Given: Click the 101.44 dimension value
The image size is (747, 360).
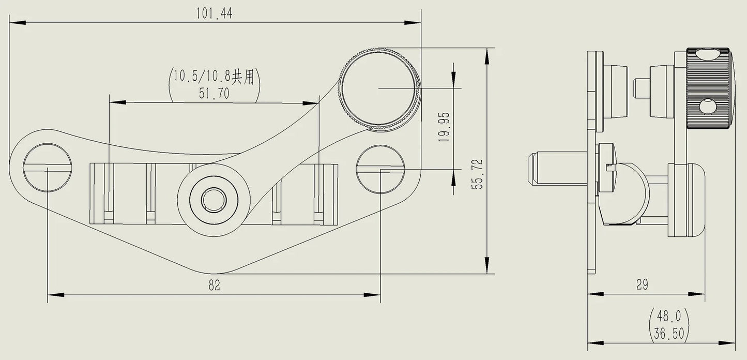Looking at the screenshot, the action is click(x=214, y=13).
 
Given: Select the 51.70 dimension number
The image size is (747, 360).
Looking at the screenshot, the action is click(x=214, y=94).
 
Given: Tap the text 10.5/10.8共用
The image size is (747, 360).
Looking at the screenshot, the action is click(x=214, y=77).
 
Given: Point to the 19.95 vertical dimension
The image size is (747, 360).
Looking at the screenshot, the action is click(x=444, y=127).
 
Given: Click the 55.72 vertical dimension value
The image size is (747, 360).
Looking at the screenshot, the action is click(x=477, y=174).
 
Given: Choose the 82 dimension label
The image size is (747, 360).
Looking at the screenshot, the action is click(x=214, y=286).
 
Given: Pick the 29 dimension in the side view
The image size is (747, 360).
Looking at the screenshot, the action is click(x=642, y=284).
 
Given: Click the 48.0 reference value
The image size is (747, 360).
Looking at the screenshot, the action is click(x=668, y=316).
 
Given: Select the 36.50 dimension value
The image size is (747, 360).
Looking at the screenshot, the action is click(x=669, y=333).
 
